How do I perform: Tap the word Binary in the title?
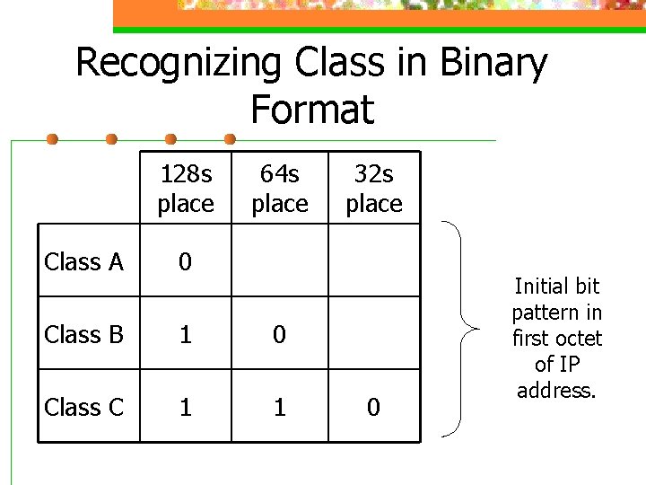point(493,64)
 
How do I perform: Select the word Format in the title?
point(311,110)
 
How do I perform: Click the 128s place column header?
point(186,188)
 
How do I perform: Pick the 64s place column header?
point(280,188)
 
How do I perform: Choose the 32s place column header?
point(374,188)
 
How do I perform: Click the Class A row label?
point(83,261)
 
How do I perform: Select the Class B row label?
point(83,334)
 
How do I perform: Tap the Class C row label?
point(83,407)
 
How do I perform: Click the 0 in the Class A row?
point(185,261)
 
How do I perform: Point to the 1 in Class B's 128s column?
point(185,334)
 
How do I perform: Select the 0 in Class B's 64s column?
point(280,334)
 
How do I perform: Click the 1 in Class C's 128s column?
point(185,407)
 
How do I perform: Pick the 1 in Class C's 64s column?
point(280,407)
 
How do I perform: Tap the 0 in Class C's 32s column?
point(374,407)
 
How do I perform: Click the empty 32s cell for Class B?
point(374,334)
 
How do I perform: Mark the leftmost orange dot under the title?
point(53,139)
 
